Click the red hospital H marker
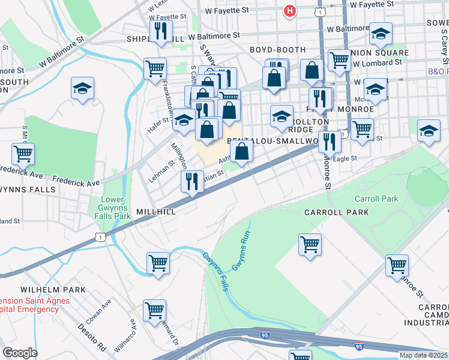tap(290, 11)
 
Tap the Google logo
tap(20, 353)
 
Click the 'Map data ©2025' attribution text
tap(423, 355)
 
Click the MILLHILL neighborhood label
tap(155, 212)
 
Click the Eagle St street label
tap(345, 159)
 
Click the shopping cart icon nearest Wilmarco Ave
tap(154, 310)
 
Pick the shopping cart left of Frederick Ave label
tap(23, 154)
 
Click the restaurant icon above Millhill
tap(191, 181)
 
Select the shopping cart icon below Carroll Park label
tap(310, 244)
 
